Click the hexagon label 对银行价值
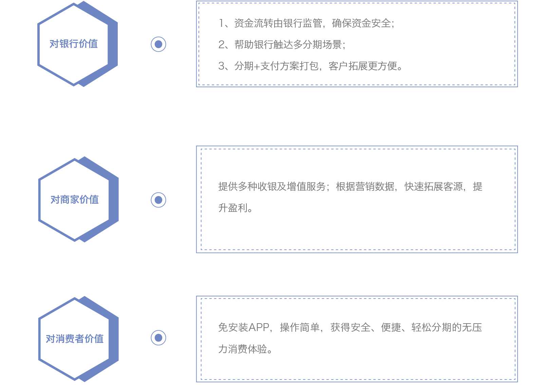[x=74, y=44]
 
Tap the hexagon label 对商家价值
[x=75, y=200]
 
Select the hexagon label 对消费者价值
[x=75, y=338]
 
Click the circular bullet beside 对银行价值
[x=158, y=44]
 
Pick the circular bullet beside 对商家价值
[x=158, y=200]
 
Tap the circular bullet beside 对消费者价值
[x=158, y=338]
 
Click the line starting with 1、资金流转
[x=306, y=23]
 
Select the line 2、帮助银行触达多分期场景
[x=282, y=44]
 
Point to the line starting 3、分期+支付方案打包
[x=311, y=66]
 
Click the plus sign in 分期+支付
[x=257, y=66]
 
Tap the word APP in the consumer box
[x=259, y=327]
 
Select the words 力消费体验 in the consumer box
[x=243, y=349]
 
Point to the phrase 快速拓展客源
[x=433, y=186]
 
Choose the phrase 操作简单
[x=299, y=327]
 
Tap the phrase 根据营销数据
[x=365, y=186]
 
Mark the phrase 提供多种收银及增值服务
[x=272, y=186]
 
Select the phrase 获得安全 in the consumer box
[x=350, y=327]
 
